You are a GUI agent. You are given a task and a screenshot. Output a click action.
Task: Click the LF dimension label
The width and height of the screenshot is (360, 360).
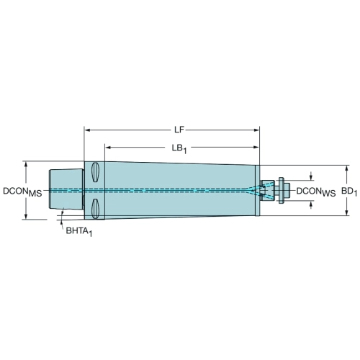tap(179, 130)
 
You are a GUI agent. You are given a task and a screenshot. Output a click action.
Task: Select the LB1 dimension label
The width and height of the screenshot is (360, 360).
tap(179, 148)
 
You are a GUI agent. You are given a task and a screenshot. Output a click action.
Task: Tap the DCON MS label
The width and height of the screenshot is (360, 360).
tap(22, 192)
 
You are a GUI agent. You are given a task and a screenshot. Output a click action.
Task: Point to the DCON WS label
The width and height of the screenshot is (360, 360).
tap(316, 192)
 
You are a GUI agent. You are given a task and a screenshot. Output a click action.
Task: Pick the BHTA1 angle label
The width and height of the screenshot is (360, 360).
tap(79, 232)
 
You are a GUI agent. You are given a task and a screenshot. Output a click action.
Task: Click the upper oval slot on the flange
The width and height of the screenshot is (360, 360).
tap(95, 172)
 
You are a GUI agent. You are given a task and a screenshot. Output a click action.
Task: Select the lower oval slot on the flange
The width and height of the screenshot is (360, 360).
tap(95, 209)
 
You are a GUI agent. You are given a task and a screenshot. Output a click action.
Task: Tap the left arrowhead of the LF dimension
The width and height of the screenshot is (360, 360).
tap(88, 130)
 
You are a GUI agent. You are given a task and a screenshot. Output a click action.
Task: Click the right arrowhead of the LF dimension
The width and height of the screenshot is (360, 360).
tap(256, 130)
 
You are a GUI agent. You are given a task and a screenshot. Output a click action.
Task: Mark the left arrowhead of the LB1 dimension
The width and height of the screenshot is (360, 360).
tap(108, 148)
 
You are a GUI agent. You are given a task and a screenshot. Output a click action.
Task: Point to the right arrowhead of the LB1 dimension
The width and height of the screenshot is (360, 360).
tap(256, 148)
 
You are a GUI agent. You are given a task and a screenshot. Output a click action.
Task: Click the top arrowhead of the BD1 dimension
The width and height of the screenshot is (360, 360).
tap(346, 168)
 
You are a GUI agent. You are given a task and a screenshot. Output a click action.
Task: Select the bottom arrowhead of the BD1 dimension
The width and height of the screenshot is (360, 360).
tap(346, 212)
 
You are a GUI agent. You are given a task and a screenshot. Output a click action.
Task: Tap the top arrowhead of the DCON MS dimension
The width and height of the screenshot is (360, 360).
tap(26, 164)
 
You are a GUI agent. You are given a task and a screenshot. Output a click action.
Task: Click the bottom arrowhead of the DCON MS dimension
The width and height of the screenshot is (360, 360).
tap(26, 217)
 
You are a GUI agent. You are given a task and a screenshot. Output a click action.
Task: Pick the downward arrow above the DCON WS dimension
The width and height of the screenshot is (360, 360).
tap(311, 176)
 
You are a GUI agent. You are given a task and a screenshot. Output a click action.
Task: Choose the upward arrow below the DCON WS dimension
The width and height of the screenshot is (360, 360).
tap(311, 205)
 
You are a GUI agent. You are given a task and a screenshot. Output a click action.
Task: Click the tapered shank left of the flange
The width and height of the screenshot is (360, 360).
tap(66, 189)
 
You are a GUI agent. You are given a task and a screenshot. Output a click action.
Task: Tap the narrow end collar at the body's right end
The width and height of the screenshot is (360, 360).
tap(257, 190)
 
